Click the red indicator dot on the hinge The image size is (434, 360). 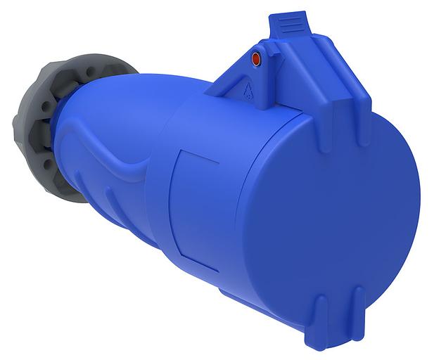(x=256, y=60)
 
